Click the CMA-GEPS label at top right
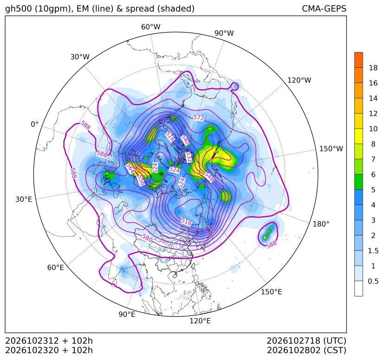(324, 8)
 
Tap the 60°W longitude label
(150, 27)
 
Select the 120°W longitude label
(299, 80)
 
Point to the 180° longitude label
(321, 224)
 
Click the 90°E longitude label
(127, 315)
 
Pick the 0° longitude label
(34, 124)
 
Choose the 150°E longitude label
(271, 292)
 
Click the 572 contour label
(199, 118)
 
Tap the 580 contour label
(147, 238)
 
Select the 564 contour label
(130, 168)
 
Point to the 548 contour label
(209, 176)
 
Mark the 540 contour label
(185, 140)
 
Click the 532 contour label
(189, 157)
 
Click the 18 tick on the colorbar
(373, 68)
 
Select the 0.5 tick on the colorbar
(373, 281)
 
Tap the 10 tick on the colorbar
(373, 129)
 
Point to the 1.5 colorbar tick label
(373, 251)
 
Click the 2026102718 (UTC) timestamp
(306, 341)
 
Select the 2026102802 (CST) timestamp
(306, 350)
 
